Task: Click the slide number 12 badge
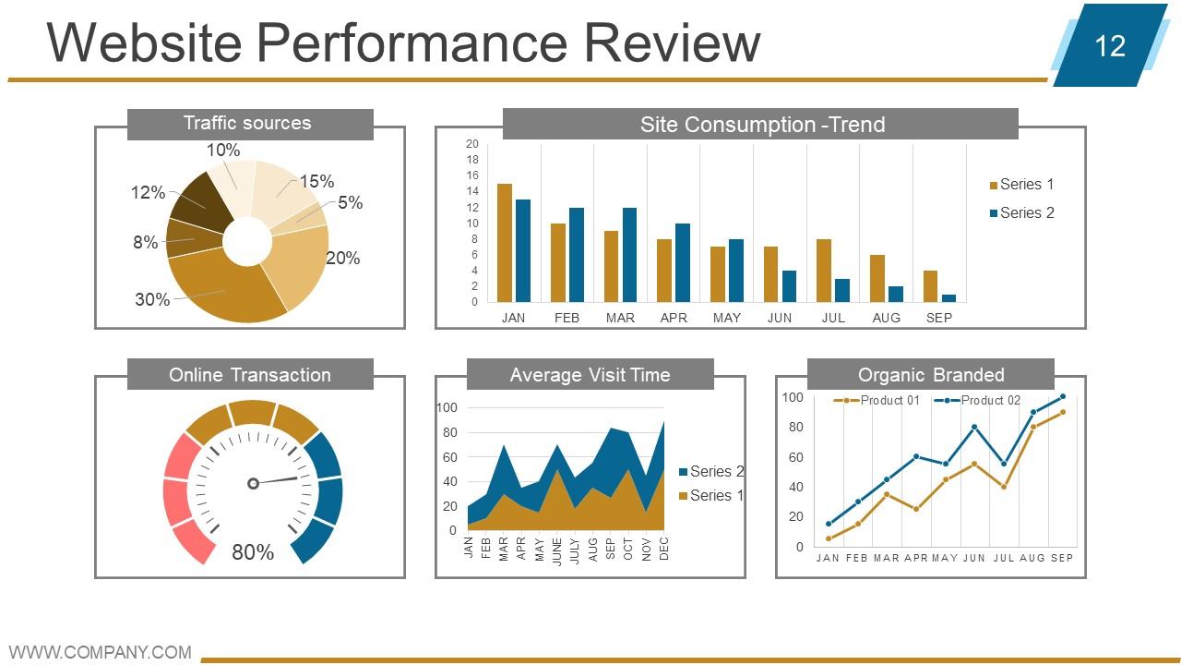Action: (1110, 45)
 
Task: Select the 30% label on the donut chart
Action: (152, 299)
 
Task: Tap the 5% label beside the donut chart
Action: (350, 202)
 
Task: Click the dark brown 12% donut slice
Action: (203, 201)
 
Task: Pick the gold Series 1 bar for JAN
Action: (505, 243)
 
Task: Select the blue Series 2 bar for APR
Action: (683, 263)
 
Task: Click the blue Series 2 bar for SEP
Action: (949, 298)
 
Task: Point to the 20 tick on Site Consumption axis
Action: (471, 143)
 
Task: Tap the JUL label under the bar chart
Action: (833, 318)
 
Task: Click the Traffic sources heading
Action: (247, 123)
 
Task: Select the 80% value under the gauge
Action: (253, 552)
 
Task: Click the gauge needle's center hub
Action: (253, 483)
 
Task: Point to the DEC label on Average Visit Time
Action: (664, 549)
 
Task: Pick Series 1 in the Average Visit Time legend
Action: (711, 496)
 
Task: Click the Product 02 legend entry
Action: (977, 401)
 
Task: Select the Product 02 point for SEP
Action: (1062, 396)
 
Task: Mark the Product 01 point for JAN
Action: (829, 538)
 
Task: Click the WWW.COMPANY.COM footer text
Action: (101, 652)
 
